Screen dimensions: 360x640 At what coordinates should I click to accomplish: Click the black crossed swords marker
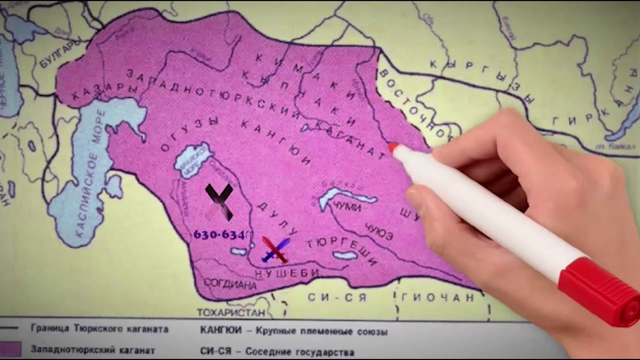click(x=219, y=200)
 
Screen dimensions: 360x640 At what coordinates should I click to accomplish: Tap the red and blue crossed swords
click(x=274, y=249)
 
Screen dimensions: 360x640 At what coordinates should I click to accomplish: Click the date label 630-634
click(x=219, y=234)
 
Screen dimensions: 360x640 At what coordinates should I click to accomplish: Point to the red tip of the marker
click(x=393, y=147)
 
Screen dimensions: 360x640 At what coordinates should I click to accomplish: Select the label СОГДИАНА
click(x=230, y=284)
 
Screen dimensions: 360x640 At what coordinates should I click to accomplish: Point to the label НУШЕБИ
click(x=287, y=273)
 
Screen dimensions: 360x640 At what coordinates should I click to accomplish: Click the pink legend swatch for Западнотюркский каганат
click(x=10, y=349)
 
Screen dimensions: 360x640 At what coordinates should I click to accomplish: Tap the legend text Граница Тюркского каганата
click(x=99, y=329)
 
